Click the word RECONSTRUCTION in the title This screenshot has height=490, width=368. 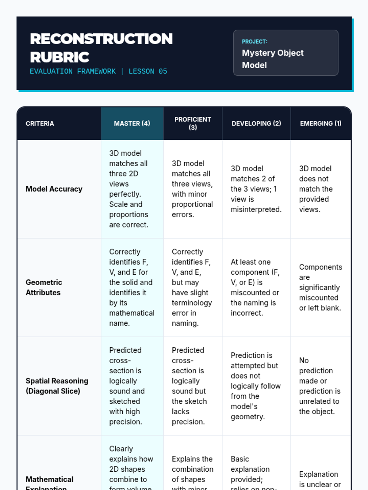coord(101,39)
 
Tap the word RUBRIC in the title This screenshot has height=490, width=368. coord(59,57)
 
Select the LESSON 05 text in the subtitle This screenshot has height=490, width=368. coord(148,71)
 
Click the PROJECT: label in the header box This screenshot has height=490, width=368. coord(255,42)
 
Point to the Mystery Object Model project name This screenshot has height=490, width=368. coord(272,59)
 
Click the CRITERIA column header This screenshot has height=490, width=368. coord(40,123)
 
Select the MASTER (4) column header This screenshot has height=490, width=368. coord(132,123)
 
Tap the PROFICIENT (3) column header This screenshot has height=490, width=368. coord(193,123)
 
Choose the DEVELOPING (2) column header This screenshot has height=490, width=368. coord(256,123)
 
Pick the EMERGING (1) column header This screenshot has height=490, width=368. coord(320,123)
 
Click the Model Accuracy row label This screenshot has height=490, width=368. coord(54,189)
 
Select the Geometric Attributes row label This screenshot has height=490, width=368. coord(44,287)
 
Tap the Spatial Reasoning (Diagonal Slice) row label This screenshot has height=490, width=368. coord(57,386)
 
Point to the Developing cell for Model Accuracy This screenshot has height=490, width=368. coord(256,189)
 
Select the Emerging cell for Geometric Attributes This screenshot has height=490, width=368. coord(320,287)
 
